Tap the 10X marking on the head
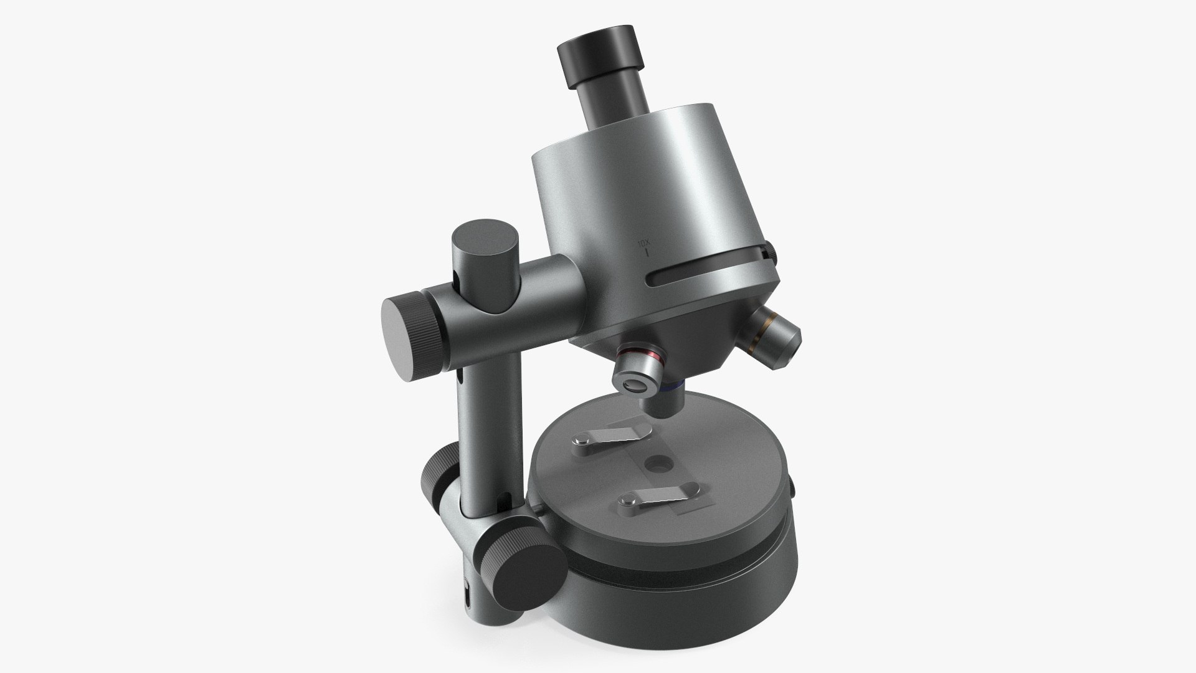[x=643, y=242]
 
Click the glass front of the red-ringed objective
[x=635, y=386]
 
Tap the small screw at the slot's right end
[x=771, y=252]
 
